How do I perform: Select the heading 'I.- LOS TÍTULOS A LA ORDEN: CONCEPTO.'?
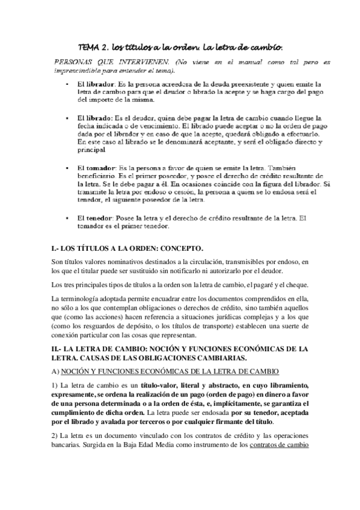coord(128,248)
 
